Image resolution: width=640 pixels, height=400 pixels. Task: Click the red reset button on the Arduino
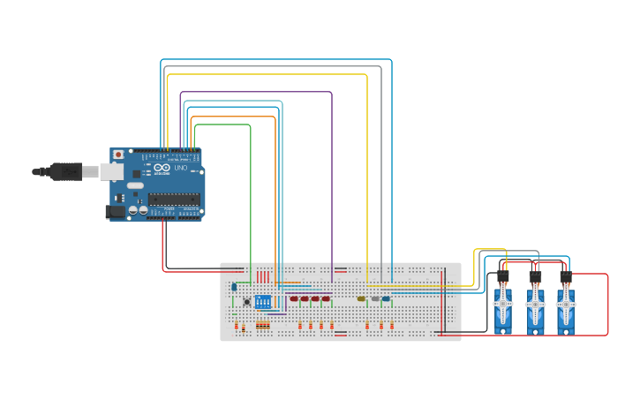pos(118,155)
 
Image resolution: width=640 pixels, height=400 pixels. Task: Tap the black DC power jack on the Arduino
pos(114,211)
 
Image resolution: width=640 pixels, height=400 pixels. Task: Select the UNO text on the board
pos(180,168)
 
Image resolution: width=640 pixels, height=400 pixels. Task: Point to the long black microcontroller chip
pos(174,199)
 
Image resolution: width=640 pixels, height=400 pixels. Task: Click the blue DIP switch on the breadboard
pos(263,302)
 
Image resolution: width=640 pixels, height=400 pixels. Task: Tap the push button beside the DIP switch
pos(246,302)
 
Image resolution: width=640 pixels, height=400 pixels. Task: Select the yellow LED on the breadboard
pos(362,299)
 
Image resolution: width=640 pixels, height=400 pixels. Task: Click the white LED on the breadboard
pos(375,299)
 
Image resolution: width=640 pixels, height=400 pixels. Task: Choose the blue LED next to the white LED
pos(387,299)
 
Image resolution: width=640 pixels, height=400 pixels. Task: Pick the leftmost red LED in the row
pos(294,299)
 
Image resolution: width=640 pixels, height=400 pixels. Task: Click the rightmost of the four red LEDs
pos(326,299)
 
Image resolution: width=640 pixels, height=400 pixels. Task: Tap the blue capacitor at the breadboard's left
pos(234,286)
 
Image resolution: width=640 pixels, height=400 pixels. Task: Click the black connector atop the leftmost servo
pos(503,276)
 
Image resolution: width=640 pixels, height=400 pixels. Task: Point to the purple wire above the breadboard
pos(332,177)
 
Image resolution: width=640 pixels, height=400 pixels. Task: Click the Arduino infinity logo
pos(162,168)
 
